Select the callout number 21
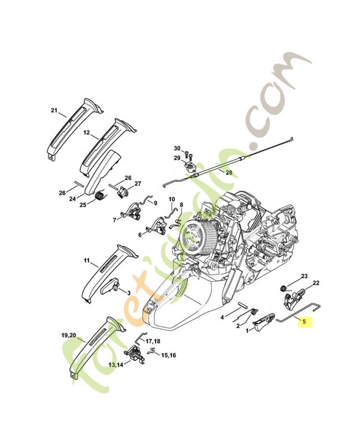[x=54, y=111]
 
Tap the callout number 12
[x=87, y=133]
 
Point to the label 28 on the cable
[x=229, y=172]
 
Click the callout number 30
[x=177, y=149]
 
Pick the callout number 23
[x=304, y=276]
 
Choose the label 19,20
[x=69, y=335]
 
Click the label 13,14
[x=116, y=365]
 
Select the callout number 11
[x=87, y=259]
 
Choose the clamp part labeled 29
[x=190, y=165]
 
